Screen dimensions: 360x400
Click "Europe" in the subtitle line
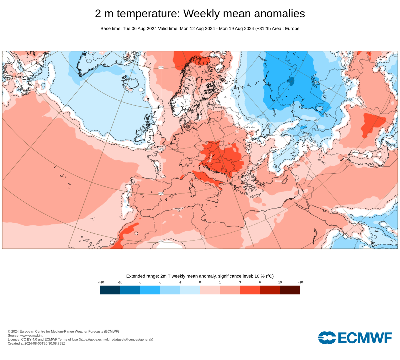292,29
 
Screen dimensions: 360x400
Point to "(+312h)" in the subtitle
263,29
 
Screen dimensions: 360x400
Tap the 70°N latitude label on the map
161,68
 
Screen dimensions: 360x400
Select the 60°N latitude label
161,107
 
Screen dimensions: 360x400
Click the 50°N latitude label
161,149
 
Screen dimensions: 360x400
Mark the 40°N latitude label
161,193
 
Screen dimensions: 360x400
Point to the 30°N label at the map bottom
161,241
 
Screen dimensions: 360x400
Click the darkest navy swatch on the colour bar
110,290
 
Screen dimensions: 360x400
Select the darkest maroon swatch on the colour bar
290,290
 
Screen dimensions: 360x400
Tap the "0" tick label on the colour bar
200,282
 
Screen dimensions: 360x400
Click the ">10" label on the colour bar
300,282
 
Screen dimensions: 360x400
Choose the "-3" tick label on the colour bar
160,282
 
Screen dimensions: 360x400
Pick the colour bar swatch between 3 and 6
250,290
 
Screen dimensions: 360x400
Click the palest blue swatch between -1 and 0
190,290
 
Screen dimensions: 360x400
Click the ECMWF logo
355,338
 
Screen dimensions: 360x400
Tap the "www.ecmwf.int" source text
31,335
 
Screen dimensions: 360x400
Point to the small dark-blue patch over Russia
292,81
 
